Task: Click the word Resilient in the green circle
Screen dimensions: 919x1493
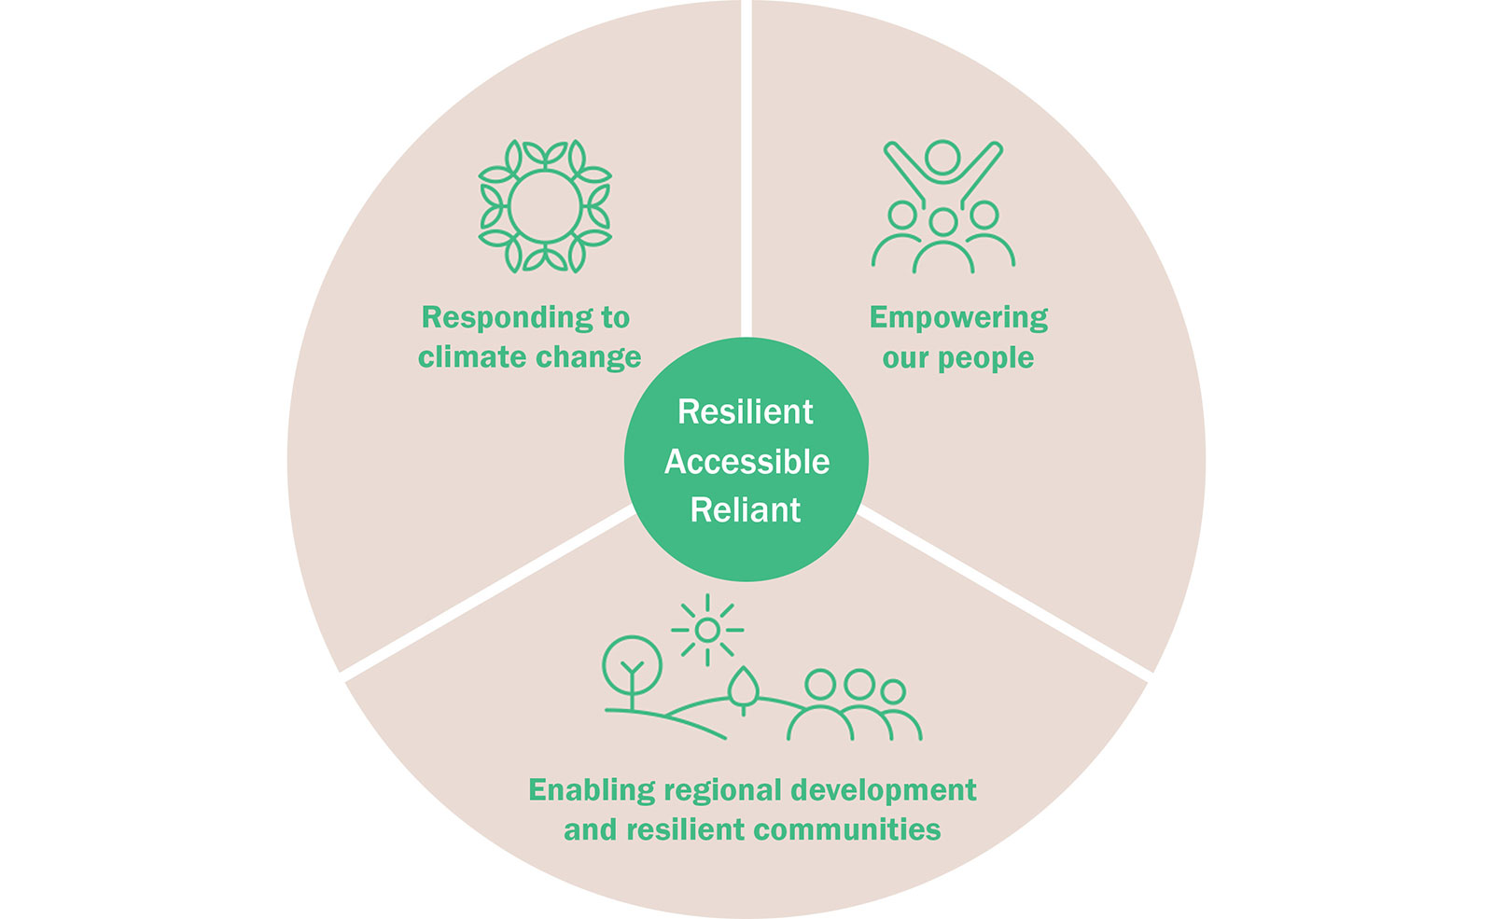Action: (x=745, y=411)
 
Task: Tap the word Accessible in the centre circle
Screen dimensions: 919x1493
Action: (x=746, y=461)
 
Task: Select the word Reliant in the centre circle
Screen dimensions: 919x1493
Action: (x=745, y=509)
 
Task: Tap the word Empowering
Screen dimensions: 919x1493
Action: (x=958, y=318)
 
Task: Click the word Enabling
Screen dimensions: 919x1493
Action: (x=592, y=790)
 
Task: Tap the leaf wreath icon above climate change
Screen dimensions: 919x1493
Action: (x=545, y=206)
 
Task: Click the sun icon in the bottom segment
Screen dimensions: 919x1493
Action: (x=707, y=631)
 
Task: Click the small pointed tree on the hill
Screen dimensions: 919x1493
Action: (x=743, y=688)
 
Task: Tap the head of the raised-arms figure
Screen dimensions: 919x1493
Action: (x=942, y=157)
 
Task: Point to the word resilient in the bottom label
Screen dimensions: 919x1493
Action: (x=685, y=829)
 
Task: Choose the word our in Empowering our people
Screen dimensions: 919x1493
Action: (x=905, y=358)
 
